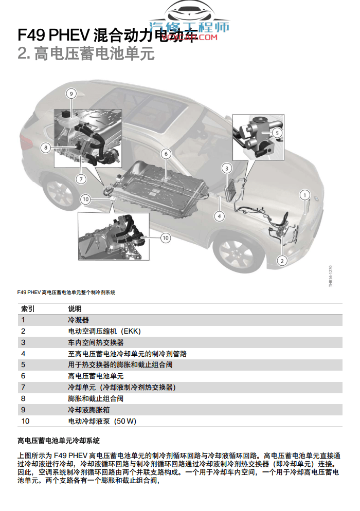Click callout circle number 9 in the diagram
pyautogui.click(x=71, y=94)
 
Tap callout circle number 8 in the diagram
pyautogui.click(x=46, y=148)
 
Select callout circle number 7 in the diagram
pyautogui.click(x=81, y=179)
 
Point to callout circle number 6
pyautogui.click(x=165, y=154)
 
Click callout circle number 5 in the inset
pyautogui.click(x=277, y=133)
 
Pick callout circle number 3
pyautogui.click(x=227, y=168)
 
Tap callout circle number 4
pyautogui.click(x=220, y=216)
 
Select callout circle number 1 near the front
pyautogui.click(x=305, y=195)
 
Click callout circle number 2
pyautogui.click(x=281, y=261)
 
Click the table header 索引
pyautogui.click(x=27, y=308)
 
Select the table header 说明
pyautogui.click(x=75, y=308)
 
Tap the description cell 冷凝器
pyautogui.click(x=78, y=320)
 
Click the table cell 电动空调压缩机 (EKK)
pyautogui.click(x=104, y=331)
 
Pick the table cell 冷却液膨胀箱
pyautogui.click(x=88, y=410)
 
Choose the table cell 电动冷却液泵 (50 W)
pyautogui.click(x=102, y=421)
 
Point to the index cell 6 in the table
pyautogui.click(x=23, y=376)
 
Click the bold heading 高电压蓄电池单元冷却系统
pyautogui.click(x=58, y=441)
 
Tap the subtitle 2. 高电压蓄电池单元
pyautogui.click(x=86, y=53)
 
